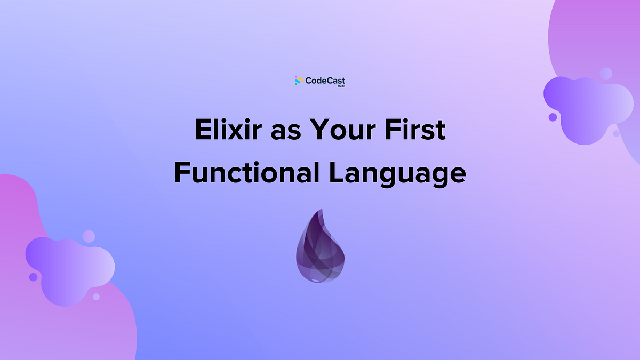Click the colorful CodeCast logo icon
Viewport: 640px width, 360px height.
click(299, 81)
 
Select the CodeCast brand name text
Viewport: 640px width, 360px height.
click(325, 81)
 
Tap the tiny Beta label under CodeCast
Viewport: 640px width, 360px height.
click(341, 86)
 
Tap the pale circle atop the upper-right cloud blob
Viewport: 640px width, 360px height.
click(606, 74)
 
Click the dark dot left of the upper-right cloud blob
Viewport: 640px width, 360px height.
click(553, 117)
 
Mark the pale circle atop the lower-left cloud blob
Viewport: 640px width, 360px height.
click(89, 236)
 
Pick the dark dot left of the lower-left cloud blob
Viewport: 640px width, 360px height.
click(33, 277)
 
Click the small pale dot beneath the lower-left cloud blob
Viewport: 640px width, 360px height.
click(96, 297)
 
